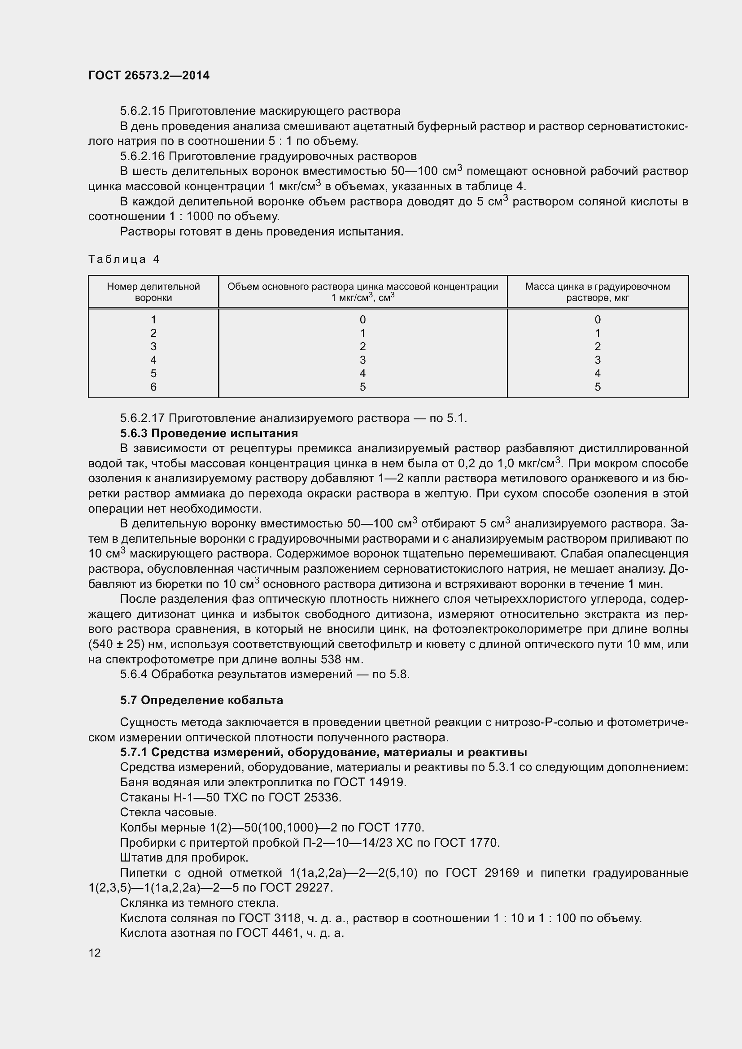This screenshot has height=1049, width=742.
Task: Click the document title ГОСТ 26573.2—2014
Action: pyautogui.click(x=149, y=75)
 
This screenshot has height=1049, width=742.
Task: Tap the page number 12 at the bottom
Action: pyautogui.click(x=95, y=953)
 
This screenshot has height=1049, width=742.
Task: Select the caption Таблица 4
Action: pyautogui.click(x=124, y=260)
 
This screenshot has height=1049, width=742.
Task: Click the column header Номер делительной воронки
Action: pyautogui.click(x=153, y=292)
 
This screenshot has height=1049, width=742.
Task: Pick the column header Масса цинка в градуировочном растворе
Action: pyautogui.click(x=598, y=292)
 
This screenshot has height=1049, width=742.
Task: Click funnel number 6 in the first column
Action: pyautogui.click(x=153, y=387)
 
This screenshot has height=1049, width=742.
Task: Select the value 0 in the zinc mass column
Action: pyautogui.click(x=598, y=320)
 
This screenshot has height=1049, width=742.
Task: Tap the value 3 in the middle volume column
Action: pyautogui.click(x=363, y=360)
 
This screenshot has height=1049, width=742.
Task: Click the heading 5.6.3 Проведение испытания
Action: pyautogui.click(x=209, y=433)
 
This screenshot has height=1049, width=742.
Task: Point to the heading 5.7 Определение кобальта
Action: pyautogui.click(x=201, y=700)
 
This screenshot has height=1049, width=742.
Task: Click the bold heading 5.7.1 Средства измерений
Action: pyautogui.click(x=323, y=752)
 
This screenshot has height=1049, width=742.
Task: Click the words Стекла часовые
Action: pyautogui.click(x=168, y=812)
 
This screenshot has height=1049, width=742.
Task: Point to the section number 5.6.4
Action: pyautogui.click(x=133, y=674)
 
